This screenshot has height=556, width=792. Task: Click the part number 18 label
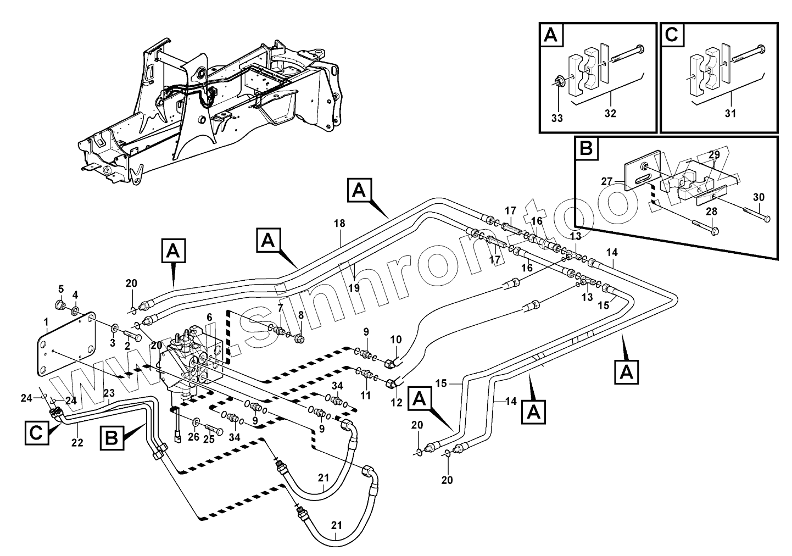point(339,224)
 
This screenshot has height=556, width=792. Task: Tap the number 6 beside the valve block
point(209,318)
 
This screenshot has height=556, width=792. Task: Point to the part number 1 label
point(46,321)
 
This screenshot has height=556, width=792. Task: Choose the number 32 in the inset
point(610,114)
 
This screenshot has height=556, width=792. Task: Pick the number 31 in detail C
point(730,114)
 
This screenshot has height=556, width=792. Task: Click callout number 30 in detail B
point(758,197)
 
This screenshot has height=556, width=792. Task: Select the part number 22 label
point(77,442)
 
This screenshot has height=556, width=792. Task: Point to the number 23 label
point(109,393)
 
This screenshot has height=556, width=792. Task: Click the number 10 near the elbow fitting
point(395,340)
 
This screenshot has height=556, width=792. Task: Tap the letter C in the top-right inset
point(672,35)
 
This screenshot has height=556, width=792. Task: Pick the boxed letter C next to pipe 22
point(36,433)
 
